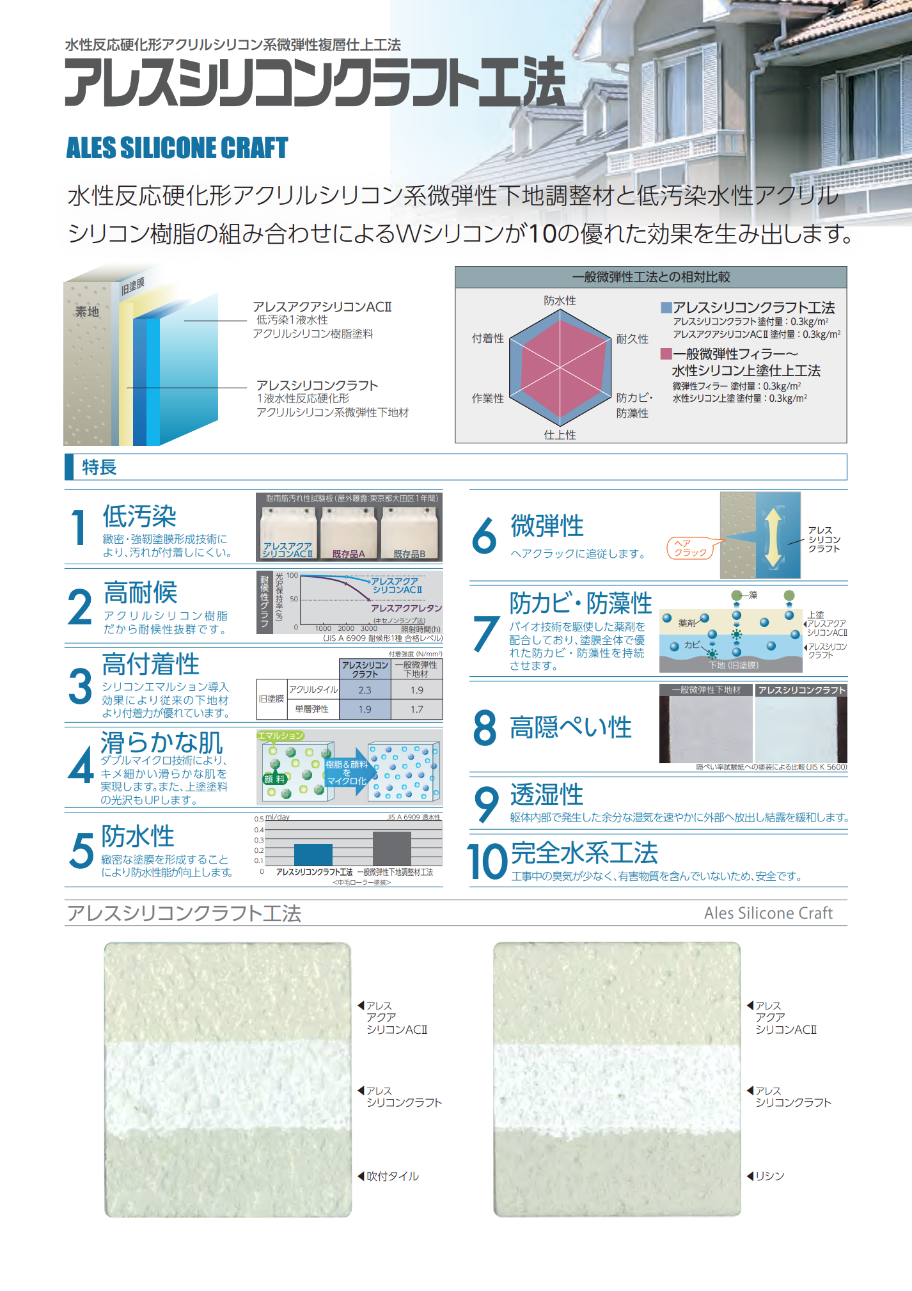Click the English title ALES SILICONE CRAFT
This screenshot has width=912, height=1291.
[x=177, y=148]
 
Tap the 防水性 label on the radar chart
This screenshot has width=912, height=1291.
[x=560, y=301]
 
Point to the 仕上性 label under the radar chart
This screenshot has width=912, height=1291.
[x=560, y=435]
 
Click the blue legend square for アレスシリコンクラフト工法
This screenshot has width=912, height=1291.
[x=666, y=308]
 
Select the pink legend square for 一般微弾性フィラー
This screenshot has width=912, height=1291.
[x=666, y=354]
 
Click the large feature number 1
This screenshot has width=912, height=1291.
[x=79, y=528]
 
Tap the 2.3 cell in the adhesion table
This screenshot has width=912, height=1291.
[x=365, y=690]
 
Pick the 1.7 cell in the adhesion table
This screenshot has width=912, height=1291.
[x=416, y=709]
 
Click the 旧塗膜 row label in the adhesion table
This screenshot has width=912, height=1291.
[x=271, y=699]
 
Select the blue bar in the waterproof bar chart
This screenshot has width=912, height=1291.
[x=313, y=855]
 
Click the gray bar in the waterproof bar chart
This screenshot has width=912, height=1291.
[x=391, y=849]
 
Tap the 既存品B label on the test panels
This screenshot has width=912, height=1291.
[x=409, y=554]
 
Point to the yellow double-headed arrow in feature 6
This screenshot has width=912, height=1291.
[x=773, y=537]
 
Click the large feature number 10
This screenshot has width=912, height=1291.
[x=487, y=862]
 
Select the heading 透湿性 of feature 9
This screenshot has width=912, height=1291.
[x=547, y=795]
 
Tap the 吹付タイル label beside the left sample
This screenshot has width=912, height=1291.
[x=392, y=1176]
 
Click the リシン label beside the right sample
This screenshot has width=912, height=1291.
[x=769, y=1176]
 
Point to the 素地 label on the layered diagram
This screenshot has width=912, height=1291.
[x=88, y=312]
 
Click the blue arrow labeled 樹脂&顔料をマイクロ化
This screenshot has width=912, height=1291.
[x=347, y=773]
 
